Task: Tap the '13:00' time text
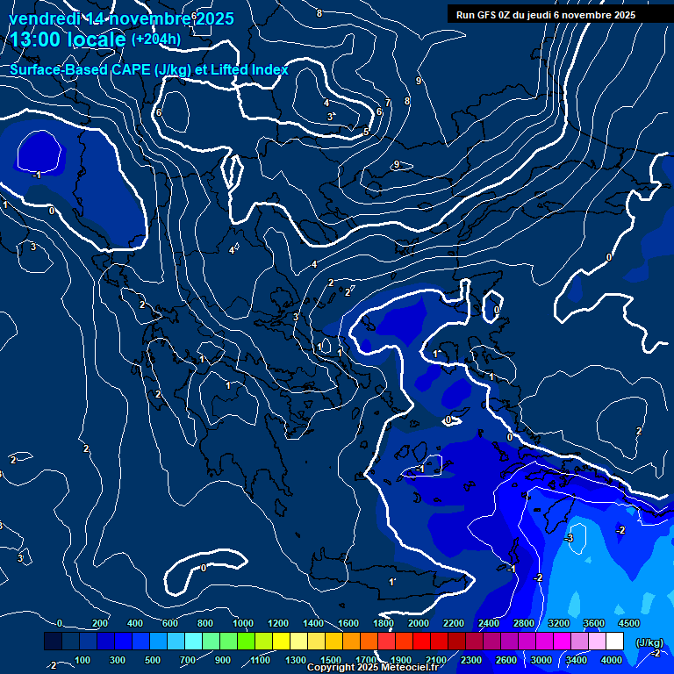pyautogui.click(x=35, y=39)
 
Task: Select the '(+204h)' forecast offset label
pyautogui.click(x=156, y=39)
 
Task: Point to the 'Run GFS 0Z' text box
pyautogui.click(x=558, y=14)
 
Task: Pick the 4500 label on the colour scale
pyautogui.click(x=628, y=622)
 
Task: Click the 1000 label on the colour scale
pyautogui.click(x=243, y=622)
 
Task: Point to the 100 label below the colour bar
pyautogui.click(x=82, y=660)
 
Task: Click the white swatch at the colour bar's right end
pyautogui.click(x=614, y=642)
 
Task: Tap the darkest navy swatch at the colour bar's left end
pyautogui.click(x=53, y=642)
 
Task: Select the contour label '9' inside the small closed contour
pyautogui.click(x=397, y=164)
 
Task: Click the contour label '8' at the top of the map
pyautogui.click(x=319, y=13)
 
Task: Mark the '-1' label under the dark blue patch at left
pyautogui.click(x=36, y=175)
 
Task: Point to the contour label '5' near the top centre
pyautogui.click(x=366, y=132)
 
